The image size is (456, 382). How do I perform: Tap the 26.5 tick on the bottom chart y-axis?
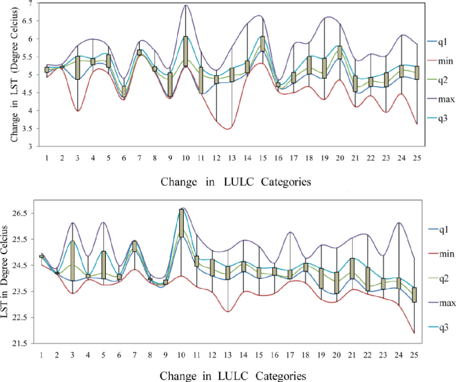click(29, 214)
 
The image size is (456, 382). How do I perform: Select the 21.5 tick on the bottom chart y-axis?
click(29, 343)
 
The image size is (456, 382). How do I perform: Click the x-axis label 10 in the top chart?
click(186, 157)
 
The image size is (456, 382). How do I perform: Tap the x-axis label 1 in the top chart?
click(47, 157)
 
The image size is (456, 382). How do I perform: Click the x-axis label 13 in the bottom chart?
click(228, 355)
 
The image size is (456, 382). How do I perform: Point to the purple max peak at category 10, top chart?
click(186, 5)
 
